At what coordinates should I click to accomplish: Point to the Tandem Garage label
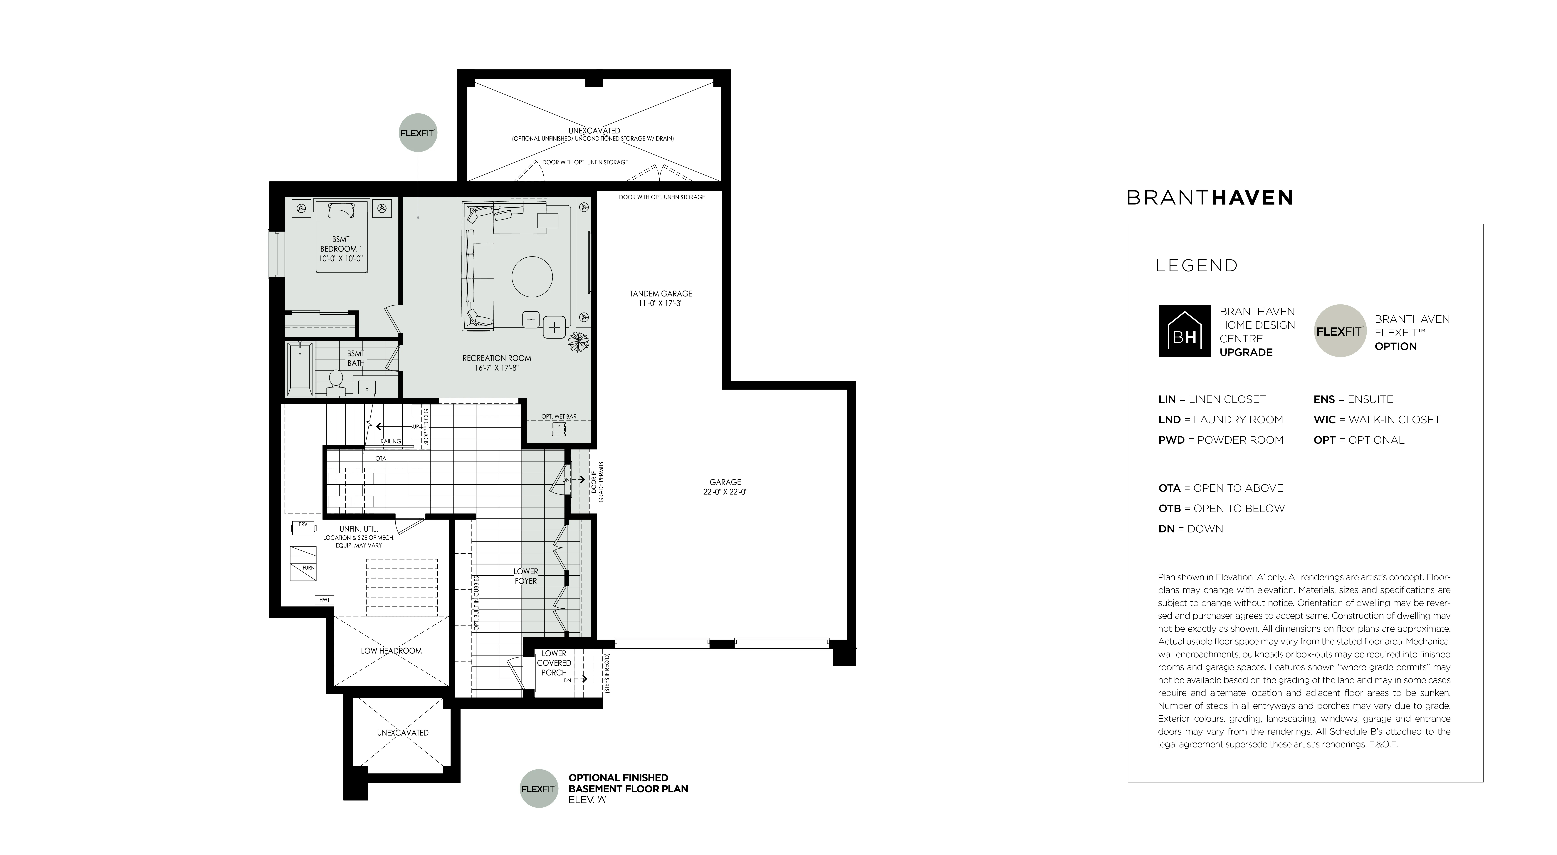coord(661,298)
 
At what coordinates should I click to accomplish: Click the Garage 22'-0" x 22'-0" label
coord(725,487)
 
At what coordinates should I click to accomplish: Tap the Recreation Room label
coord(497,363)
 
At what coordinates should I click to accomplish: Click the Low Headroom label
coord(391,651)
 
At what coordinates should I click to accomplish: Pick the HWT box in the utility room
coord(325,600)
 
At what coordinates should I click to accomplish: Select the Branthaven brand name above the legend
coord(1210,198)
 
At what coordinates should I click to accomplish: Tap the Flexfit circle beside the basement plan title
coord(539,789)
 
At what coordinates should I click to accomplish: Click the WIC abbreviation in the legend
coord(1324,420)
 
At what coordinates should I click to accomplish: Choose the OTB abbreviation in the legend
coord(1170,509)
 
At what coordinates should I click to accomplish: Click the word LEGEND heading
coord(1197,265)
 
